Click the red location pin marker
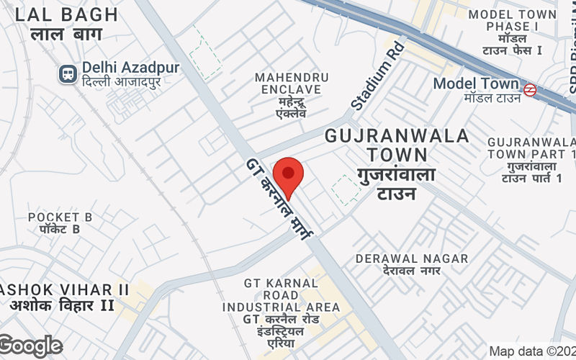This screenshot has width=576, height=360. tap(288, 175)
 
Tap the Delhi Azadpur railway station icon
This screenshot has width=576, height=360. tap(68, 73)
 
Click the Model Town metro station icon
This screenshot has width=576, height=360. tap(530, 90)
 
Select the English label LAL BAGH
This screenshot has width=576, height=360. tap(66, 14)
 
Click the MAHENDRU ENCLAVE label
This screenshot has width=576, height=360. tap(292, 83)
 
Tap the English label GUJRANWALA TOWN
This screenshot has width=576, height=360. tap(397, 144)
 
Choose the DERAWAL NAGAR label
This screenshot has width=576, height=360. tap(412, 258)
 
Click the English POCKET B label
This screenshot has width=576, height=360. tap(60, 217)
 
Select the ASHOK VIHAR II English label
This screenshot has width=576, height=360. tap(65, 289)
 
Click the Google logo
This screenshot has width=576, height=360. tap(30, 346)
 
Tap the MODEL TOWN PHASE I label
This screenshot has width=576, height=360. tap(512, 20)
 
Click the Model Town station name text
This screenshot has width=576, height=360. tap(475, 84)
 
